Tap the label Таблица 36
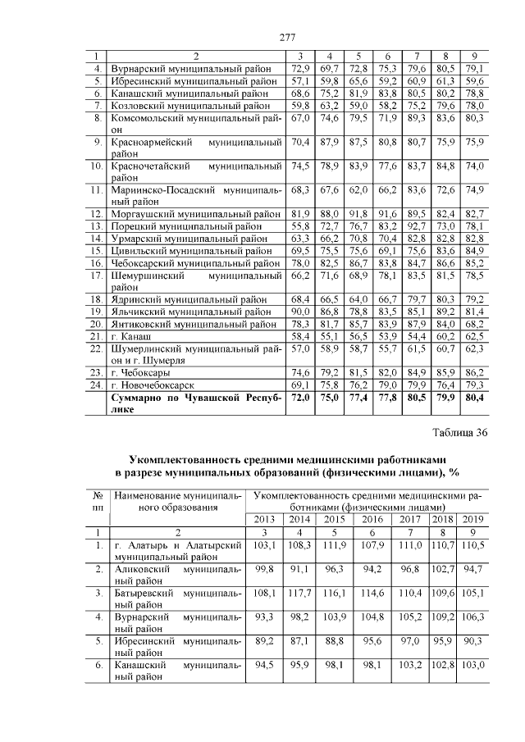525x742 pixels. click(x=460, y=434)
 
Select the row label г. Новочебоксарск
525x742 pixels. click(x=153, y=385)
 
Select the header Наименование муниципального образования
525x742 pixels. click(x=177, y=502)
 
